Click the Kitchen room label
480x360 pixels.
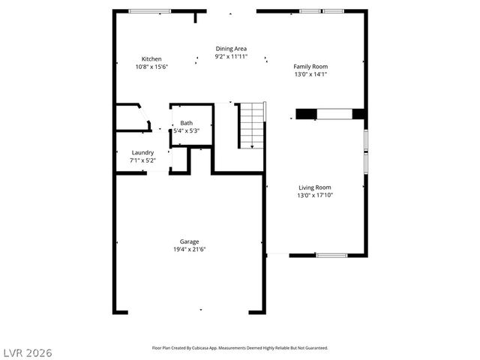point(151,58)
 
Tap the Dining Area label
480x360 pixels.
point(231,49)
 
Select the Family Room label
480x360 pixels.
point(310,66)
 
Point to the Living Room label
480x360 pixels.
point(315,187)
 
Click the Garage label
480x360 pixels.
point(189,241)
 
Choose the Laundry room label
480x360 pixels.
point(142,152)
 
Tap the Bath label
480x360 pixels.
point(186,123)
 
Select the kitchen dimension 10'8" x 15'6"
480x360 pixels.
point(151,67)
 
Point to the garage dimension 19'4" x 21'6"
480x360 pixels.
point(189,249)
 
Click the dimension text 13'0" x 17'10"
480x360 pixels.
point(315,195)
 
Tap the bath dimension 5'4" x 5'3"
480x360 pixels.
point(186,130)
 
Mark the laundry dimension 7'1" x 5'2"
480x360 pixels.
point(142,160)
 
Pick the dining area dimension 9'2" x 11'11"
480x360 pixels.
point(231,56)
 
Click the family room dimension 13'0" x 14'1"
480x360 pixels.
point(310,74)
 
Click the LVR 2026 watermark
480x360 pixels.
point(28,352)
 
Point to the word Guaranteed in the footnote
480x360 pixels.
point(314,348)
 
